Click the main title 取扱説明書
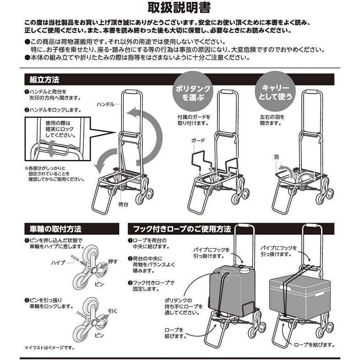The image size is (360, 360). click(x=179, y=8)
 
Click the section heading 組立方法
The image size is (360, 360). click(x=44, y=80)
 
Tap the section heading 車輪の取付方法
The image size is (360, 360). click(x=55, y=229)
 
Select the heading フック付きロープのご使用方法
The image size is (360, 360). click(x=182, y=229)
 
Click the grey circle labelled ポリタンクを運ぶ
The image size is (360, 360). click(x=193, y=92)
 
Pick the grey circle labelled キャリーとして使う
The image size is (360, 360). click(x=275, y=92)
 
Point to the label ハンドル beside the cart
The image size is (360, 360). click(x=105, y=104)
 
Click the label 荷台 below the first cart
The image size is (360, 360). click(x=123, y=204)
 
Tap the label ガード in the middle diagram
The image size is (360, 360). click(x=198, y=141)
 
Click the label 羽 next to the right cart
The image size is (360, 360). click(x=276, y=157)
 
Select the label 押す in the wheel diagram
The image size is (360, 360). click(x=113, y=262)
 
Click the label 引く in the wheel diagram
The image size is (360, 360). click(x=113, y=311)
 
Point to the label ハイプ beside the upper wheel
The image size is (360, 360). click(x=58, y=262)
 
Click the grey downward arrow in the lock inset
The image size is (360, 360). click(x=52, y=149)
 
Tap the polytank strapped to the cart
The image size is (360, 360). click(x=232, y=290)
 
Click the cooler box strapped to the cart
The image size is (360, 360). click(x=300, y=297)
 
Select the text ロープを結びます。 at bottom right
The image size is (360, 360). click(x=314, y=344)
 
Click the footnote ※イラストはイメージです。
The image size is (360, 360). click(x=49, y=348)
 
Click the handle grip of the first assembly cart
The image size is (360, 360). click(x=131, y=92)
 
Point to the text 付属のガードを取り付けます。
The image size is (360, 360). click(x=194, y=120)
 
